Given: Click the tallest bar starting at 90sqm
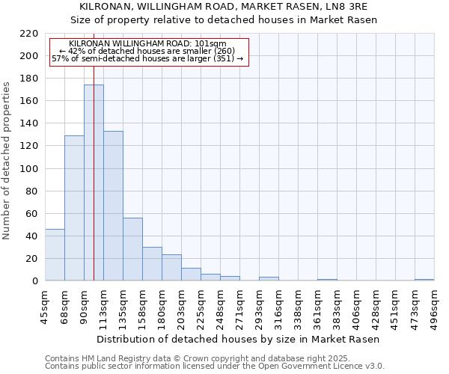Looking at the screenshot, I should pos(94,183).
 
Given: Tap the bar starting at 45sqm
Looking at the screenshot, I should pos(55,255).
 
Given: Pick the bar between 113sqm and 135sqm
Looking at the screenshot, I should pos(113,206).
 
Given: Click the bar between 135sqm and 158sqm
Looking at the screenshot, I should pos(132,250).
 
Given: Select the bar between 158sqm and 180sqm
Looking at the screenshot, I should pos(152,264).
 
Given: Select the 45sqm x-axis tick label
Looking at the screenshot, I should pos(46,307).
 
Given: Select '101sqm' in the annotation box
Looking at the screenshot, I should pos(211,44).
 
